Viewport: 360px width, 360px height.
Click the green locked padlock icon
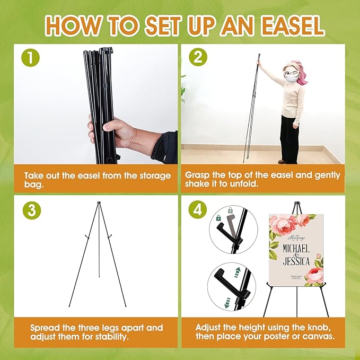(218, 218)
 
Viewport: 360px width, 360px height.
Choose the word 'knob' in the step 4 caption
(318, 328)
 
